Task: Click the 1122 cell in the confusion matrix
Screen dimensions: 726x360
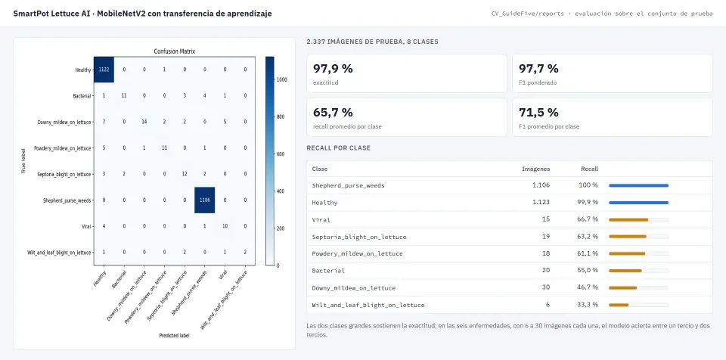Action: click(x=104, y=70)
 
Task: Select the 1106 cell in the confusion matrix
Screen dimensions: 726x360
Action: click(x=205, y=200)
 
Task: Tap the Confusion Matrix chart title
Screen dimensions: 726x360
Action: click(x=175, y=51)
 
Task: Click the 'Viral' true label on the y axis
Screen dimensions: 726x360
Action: click(x=86, y=227)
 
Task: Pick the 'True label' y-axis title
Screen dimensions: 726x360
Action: click(x=23, y=161)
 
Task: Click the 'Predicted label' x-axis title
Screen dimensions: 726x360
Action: click(x=174, y=336)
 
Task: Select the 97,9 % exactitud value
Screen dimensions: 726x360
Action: click(x=333, y=69)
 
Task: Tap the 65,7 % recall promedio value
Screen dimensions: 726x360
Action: click(x=333, y=112)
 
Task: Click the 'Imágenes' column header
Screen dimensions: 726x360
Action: click(x=536, y=169)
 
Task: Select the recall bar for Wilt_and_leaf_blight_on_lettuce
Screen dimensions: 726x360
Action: click(x=619, y=305)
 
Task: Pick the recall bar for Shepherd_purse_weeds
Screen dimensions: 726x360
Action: click(x=638, y=185)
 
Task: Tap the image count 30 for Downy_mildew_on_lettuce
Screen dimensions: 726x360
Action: click(x=546, y=287)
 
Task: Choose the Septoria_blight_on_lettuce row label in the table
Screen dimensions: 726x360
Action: click(x=358, y=237)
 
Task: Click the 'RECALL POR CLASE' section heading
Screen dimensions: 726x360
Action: click(x=339, y=148)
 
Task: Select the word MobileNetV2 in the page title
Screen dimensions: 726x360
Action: click(x=120, y=14)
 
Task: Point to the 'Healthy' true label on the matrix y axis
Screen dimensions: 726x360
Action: click(x=83, y=70)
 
